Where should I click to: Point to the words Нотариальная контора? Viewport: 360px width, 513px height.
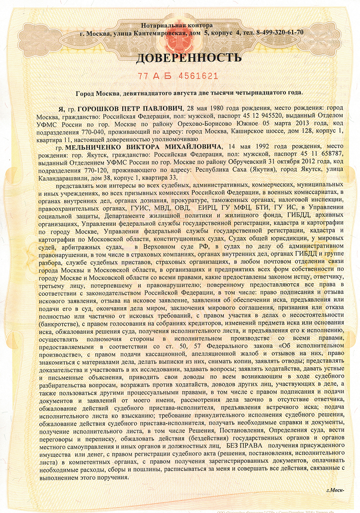point(177,25)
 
